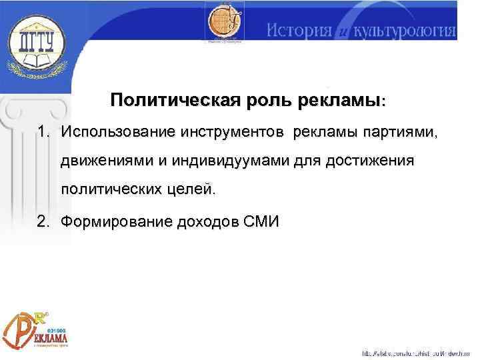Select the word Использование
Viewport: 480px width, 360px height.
[x=117, y=132]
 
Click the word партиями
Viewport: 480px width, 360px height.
[x=398, y=132]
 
